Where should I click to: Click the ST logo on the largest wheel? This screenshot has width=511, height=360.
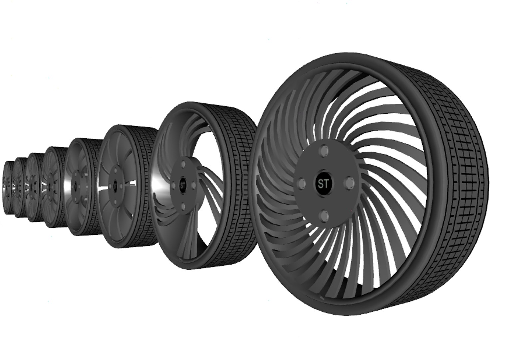click(323, 184)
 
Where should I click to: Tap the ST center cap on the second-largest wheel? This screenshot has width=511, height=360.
click(183, 185)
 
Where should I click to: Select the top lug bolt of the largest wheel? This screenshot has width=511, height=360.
click(323, 151)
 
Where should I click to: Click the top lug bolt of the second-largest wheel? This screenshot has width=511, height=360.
click(183, 165)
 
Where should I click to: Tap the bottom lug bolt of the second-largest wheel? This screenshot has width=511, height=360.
click(183, 207)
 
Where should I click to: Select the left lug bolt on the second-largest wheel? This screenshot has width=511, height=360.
click(173, 185)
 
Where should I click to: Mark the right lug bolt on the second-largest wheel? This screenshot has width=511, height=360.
click(193, 184)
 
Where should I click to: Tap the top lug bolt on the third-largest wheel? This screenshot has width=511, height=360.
click(115, 170)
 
